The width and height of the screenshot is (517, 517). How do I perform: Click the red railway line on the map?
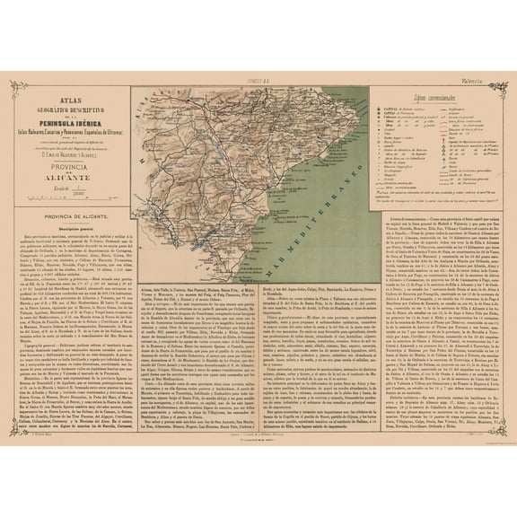(x=206, y=180)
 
